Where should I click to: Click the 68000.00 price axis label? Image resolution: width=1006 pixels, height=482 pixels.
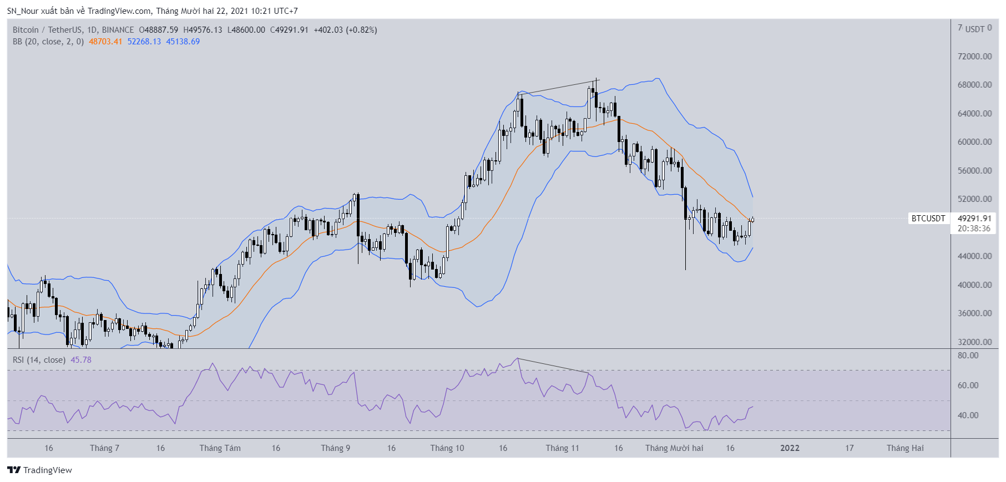point(974,85)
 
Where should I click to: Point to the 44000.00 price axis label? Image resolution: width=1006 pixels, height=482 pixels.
point(974,256)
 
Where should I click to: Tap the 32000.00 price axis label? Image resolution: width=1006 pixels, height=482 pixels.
point(974,342)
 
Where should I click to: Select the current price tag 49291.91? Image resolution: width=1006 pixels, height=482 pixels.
point(974,219)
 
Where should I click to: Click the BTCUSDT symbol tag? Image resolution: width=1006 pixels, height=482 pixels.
point(928,219)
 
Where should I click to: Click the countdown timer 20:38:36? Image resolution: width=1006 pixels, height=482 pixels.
point(974,229)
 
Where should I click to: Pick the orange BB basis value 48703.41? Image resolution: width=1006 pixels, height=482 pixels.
point(105,42)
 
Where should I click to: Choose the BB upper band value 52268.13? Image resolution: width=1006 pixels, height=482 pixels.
point(144,42)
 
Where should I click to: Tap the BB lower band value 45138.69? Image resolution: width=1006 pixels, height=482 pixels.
point(183,42)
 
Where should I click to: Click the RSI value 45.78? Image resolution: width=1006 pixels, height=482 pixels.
point(81,360)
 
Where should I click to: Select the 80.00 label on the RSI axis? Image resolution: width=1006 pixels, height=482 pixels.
point(968,356)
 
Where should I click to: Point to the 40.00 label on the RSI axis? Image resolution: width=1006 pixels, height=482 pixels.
point(968,415)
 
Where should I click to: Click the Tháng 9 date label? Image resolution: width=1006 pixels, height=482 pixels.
point(335,448)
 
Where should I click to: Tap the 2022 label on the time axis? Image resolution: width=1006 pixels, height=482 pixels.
point(790,448)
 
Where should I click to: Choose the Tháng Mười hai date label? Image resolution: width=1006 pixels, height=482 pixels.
point(674,448)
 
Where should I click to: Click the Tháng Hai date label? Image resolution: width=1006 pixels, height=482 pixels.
point(905,448)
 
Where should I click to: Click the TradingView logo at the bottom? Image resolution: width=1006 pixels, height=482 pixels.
point(40,470)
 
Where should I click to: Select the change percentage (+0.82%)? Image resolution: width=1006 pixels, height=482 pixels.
point(361,30)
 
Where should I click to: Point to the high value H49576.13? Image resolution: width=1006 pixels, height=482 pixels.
point(203,30)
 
